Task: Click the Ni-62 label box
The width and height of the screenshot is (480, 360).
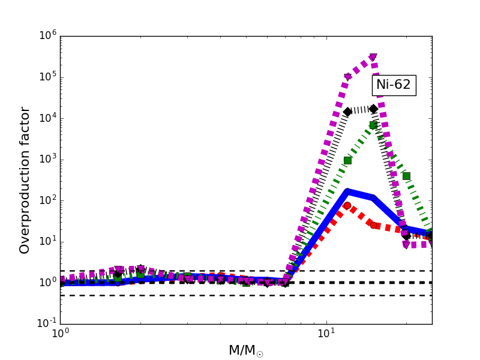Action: [x=394, y=85]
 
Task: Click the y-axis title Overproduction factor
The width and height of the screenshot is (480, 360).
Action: [x=25, y=180]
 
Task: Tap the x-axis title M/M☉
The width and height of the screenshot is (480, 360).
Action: [x=246, y=351]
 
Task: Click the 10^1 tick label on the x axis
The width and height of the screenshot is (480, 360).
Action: [x=326, y=334]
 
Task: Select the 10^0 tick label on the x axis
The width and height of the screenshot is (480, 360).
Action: [x=60, y=334]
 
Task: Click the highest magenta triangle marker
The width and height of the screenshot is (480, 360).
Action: [x=373, y=58]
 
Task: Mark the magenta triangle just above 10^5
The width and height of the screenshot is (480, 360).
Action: [x=347, y=77]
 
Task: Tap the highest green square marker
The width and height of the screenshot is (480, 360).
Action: [x=373, y=125]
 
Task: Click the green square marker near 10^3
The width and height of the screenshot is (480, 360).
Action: [x=347, y=160]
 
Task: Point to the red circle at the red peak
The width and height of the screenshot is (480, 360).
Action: [x=347, y=206]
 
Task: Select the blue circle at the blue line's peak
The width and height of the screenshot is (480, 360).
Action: [x=347, y=192]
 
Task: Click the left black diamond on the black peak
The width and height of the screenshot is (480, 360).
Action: [x=347, y=112]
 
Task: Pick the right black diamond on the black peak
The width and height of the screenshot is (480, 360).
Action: [x=373, y=109]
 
